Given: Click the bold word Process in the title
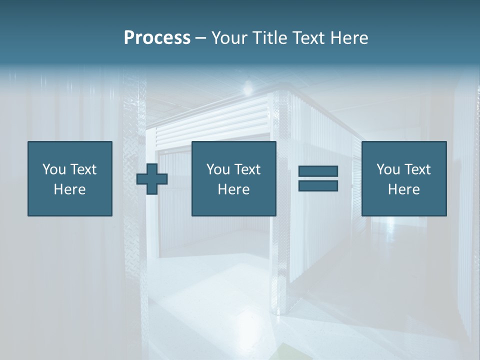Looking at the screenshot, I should (x=157, y=38).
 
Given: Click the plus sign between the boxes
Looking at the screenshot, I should (x=152, y=179).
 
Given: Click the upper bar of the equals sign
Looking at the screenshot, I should (x=318, y=171).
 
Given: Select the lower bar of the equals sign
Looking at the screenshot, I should (x=318, y=185).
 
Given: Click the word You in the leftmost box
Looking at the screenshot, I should (x=54, y=169).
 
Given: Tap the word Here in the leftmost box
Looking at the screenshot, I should (x=70, y=189).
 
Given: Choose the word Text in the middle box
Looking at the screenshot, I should (x=247, y=169).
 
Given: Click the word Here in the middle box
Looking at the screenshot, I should (x=234, y=189).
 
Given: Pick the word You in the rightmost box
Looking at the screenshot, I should (x=388, y=169).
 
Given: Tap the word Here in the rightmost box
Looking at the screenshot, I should (x=404, y=189).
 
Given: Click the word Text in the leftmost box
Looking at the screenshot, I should (x=83, y=169).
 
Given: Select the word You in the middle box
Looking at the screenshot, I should (x=218, y=169).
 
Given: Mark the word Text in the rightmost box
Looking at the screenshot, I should (x=417, y=169).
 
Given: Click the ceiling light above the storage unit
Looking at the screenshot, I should (x=247, y=89).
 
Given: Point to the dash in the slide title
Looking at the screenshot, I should (x=201, y=38).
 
